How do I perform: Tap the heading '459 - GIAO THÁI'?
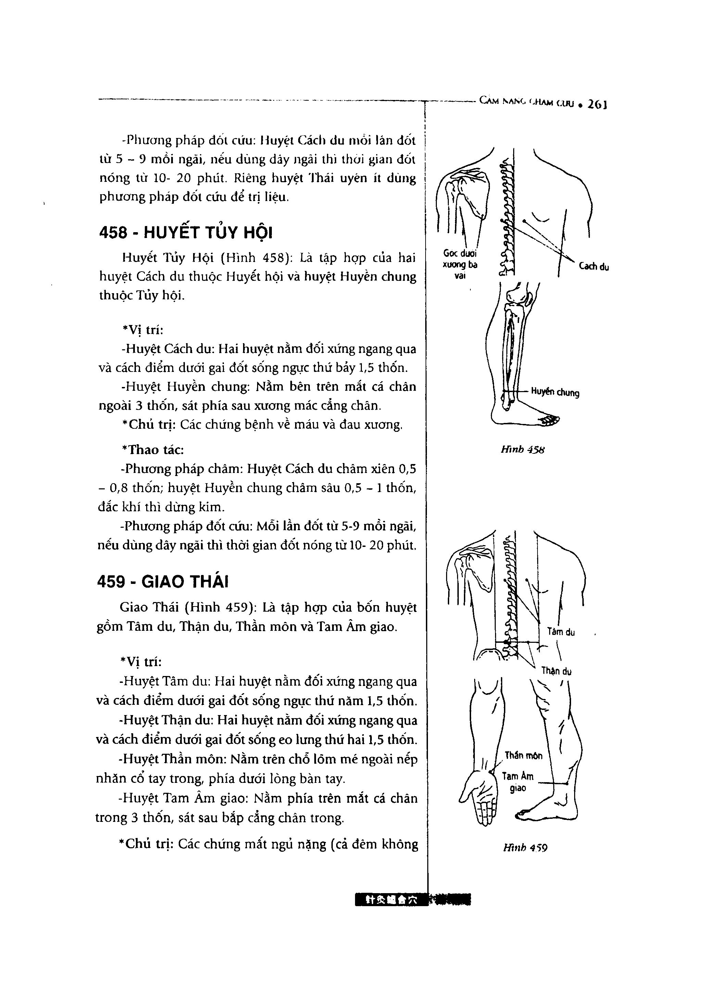click(x=163, y=581)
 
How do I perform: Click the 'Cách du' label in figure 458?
click(x=594, y=267)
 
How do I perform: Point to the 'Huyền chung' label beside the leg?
click(x=555, y=392)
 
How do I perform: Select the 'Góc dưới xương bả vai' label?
click(x=460, y=264)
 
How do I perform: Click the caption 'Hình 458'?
click(x=523, y=449)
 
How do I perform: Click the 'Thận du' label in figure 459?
click(x=556, y=671)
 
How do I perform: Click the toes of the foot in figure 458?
click(x=550, y=420)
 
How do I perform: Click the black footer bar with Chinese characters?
click(x=413, y=899)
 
